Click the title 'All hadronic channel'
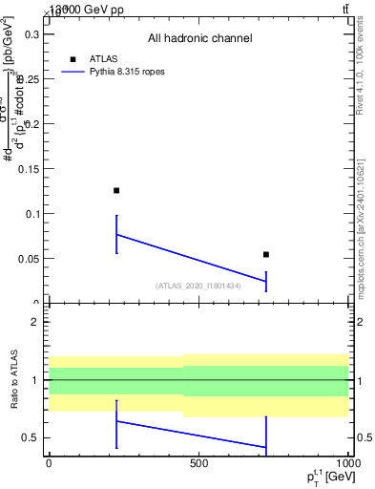(199, 38)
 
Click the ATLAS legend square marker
(73, 59)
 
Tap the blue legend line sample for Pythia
(73, 72)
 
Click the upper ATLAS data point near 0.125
(116, 190)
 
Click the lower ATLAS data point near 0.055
(266, 254)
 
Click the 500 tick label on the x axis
(198, 463)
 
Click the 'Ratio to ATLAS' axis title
(14, 379)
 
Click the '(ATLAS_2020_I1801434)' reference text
(198, 286)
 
